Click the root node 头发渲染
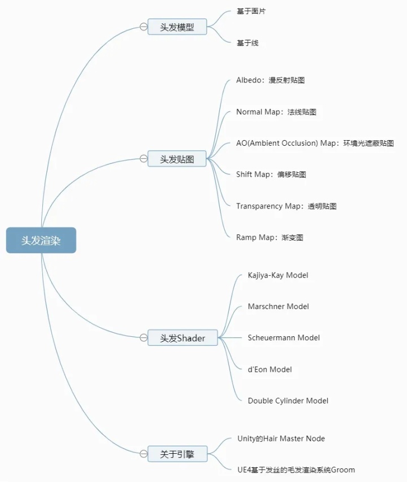click(41, 240)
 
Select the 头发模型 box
click(177, 27)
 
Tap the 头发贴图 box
click(177, 159)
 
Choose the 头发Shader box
click(182, 338)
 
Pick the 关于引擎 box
click(177, 453)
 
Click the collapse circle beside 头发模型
click(144, 27)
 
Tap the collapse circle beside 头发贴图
click(144, 159)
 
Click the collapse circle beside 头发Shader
click(144, 338)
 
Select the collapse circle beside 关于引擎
click(144, 453)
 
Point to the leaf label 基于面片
click(251, 11)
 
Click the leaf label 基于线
click(248, 43)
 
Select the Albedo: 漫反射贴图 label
click(270, 80)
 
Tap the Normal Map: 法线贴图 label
click(276, 112)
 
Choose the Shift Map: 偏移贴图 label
click(271, 175)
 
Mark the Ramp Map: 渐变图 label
click(270, 237)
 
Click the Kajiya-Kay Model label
click(278, 275)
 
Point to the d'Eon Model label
click(270, 370)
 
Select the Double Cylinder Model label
click(288, 401)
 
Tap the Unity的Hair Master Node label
click(281, 438)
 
